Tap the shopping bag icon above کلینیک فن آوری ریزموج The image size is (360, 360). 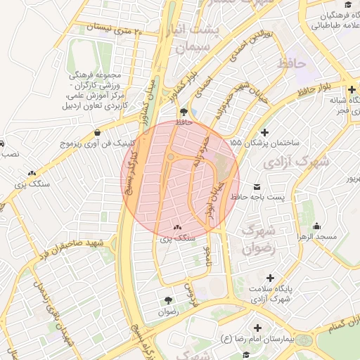tap(96, 131)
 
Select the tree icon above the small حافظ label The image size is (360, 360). tap(184, 111)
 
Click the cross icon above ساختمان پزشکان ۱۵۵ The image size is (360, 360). tap(264, 132)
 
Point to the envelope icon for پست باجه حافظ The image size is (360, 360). tap(257, 186)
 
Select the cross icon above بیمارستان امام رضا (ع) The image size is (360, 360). tap(258, 328)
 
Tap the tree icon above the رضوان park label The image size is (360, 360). tap(167, 300)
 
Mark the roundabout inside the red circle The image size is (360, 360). tap(171, 157)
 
